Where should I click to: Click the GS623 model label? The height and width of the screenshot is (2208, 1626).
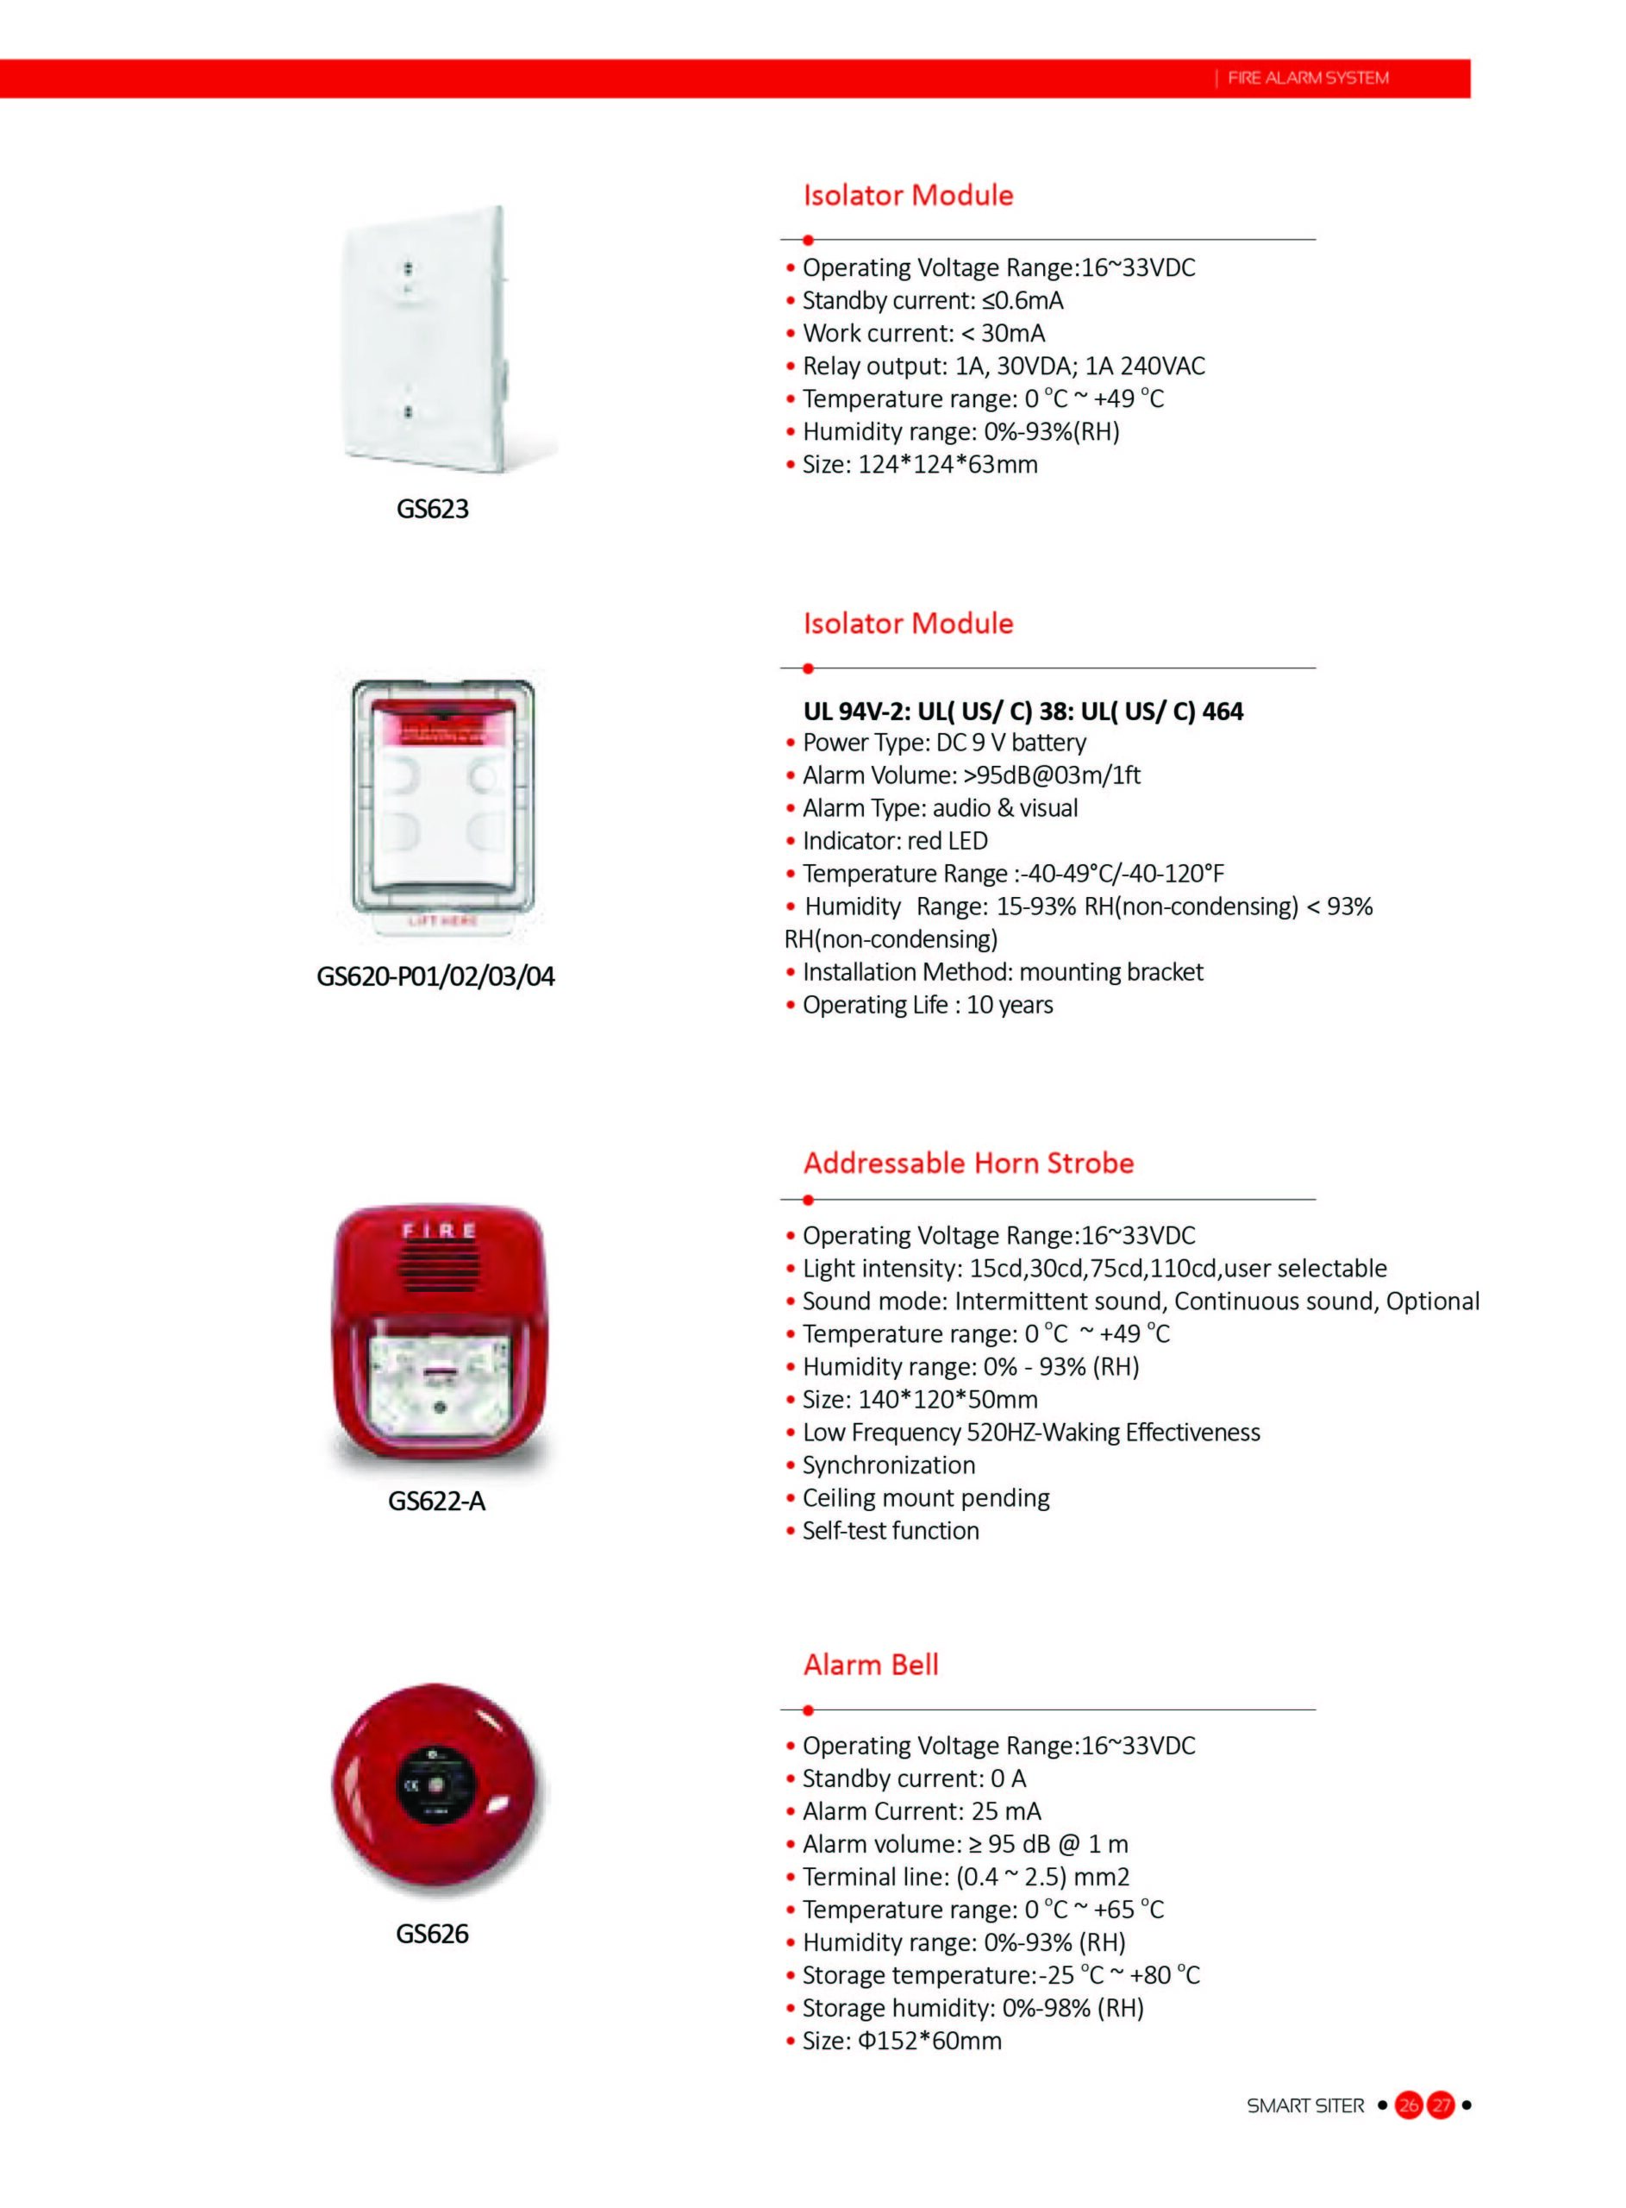pos(432,509)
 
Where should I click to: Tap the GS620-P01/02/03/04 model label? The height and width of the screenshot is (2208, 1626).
pos(435,976)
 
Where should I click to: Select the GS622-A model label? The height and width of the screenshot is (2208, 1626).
pos(436,1502)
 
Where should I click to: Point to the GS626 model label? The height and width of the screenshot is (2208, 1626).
pos(432,1934)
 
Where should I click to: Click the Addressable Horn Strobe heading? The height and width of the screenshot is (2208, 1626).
pos(968,1163)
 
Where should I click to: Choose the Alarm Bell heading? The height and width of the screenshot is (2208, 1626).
pos(871,1665)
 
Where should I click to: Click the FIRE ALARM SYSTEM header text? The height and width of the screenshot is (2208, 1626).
pos(1308,78)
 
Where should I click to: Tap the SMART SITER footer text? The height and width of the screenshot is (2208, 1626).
pos(1305,2105)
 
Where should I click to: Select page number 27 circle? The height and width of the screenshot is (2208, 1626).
pos(1441,2105)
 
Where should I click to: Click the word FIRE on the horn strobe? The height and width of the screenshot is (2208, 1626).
pos(437,1231)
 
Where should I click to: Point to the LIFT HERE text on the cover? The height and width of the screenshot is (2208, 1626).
pos(442,920)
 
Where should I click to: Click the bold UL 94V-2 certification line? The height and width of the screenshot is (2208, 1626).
pos(1023,711)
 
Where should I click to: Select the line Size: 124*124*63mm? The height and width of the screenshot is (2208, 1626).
pos(919,465)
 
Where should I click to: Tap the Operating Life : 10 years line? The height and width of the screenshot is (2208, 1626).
pos(927,1005)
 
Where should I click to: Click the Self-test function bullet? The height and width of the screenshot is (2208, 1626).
pos(891,1531)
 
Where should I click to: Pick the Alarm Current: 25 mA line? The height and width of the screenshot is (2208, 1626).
pos(922,1811)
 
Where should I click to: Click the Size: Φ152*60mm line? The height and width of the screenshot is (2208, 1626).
pos(902,2041)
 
